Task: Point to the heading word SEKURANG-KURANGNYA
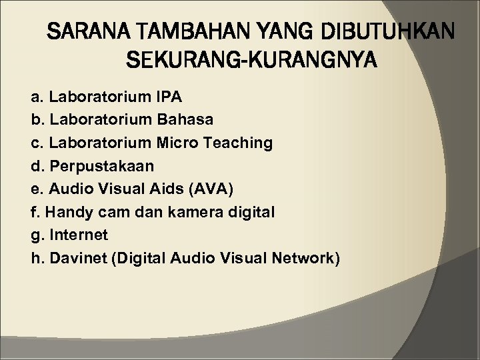pos(251,61)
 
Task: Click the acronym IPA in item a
pos(167,97)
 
